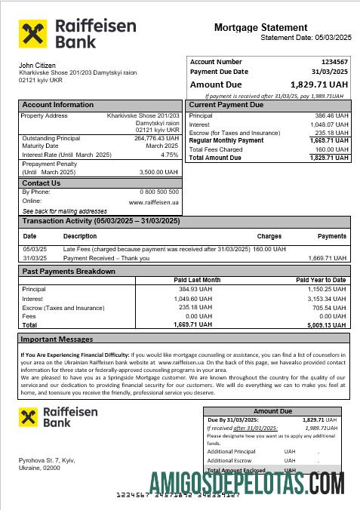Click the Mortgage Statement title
[260, 28]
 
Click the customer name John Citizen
[37, 66]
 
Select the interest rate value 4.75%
[170, 155]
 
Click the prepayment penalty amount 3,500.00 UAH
[158, 172]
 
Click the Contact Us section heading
[42, 183]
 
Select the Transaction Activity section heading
[101, 221]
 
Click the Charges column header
[269, 236]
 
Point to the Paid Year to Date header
[321, 280]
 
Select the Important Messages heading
[57, 339]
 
